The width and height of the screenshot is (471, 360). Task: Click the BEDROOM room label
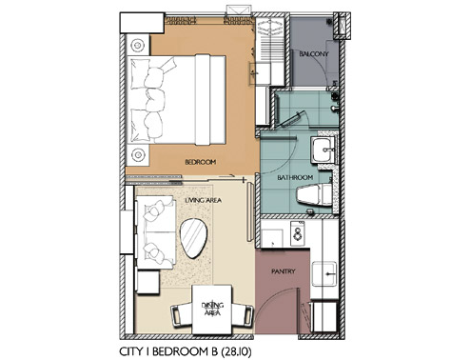point(201,162)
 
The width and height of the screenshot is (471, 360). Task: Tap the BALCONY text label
point(314,54)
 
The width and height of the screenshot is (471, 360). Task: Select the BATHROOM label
point(295,177)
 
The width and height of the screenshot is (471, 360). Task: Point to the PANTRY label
point(284,271)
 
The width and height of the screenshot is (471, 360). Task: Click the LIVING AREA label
point(203,200)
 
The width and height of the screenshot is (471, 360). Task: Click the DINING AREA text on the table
point(212,310)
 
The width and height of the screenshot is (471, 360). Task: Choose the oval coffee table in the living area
point(193,238)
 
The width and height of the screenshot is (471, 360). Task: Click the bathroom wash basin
point(324,149)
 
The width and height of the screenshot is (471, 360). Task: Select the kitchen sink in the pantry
point(324,273)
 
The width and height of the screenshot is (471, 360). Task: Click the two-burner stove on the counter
point(298,233)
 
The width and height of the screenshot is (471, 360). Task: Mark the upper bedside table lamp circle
point(138,46)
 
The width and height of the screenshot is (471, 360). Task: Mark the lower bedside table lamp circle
point(138,155)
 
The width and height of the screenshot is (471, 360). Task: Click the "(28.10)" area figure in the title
point(236,351)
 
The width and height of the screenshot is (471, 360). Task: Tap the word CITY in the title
point(130,351)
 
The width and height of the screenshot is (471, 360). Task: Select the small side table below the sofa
point(147,281)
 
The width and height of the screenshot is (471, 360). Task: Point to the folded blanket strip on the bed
point(203,100)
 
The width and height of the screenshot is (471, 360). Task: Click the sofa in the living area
point(155,232)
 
